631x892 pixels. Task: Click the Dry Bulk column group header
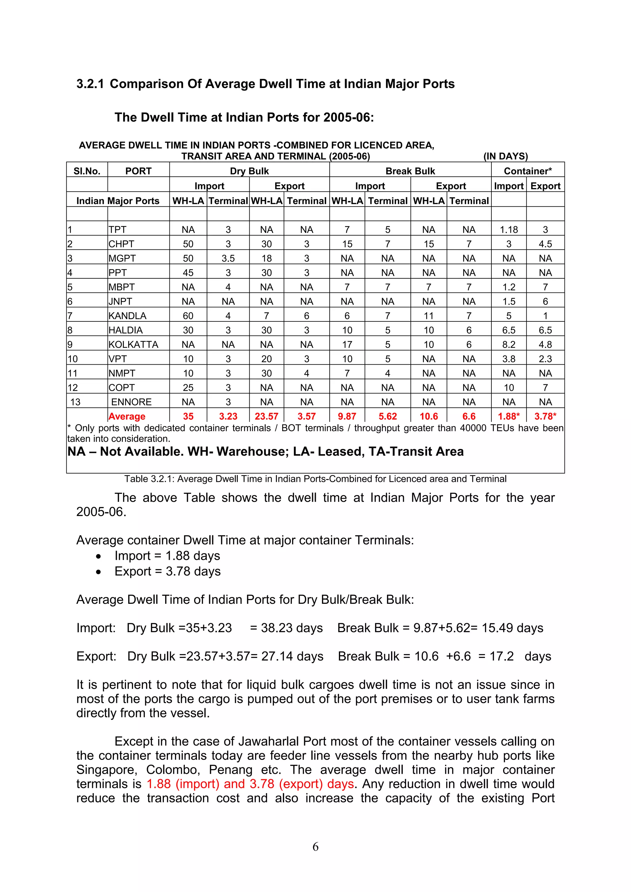[x=249, y=171]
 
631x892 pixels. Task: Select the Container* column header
[x=527, y=171]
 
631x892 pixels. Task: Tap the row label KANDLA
[x=128, y=316]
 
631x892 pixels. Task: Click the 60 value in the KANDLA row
[x=188, y=316]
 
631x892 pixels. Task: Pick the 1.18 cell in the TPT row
[x=509, y=230]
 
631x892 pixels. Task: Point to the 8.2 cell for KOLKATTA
[x=509, y=345]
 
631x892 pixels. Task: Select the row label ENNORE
[x=132, y=402]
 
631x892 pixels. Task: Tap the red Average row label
[x=127, y=417]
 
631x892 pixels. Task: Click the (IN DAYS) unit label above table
[x=505, y=156]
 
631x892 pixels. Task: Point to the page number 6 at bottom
[x=315, y=846]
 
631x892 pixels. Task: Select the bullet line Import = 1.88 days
[x=167, y=556]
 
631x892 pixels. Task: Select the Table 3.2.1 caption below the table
[x=315, y=479]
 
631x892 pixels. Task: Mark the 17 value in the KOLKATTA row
[x=347, y=345]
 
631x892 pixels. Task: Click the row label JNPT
[x=120, y=301]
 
